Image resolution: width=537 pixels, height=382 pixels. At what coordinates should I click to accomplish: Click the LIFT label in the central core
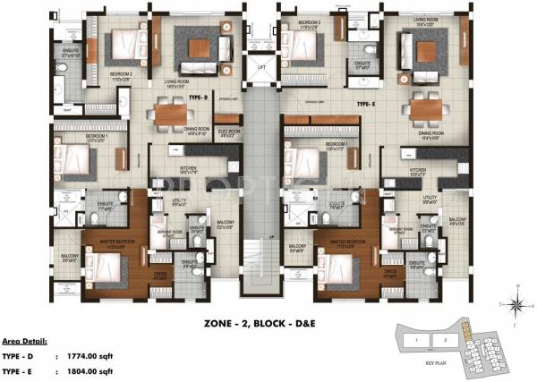coord(262,68)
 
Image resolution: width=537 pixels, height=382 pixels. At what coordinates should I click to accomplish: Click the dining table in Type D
coord(169,114)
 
